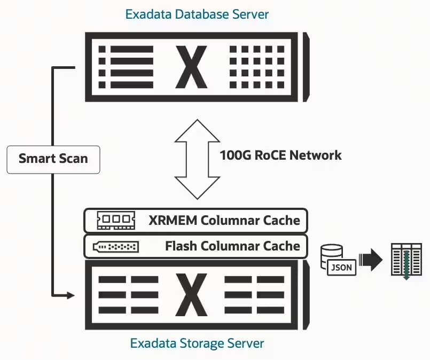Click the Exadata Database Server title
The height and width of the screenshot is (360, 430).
[197, 14]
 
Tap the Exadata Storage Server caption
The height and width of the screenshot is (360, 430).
[197, 343]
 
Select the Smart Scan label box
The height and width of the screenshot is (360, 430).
[53, 159]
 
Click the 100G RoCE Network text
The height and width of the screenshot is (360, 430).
[280, 155]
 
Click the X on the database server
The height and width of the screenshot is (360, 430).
[191, 67]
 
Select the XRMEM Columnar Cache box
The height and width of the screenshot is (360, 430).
[196, 220]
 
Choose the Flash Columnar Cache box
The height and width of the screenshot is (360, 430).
[196, 246]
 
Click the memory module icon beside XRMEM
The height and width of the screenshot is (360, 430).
[116, 220]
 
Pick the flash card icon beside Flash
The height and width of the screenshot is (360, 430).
[116, 247]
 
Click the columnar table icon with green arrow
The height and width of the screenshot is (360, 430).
[405, 261]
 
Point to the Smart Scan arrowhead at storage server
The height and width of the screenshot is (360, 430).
[70, 294]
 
